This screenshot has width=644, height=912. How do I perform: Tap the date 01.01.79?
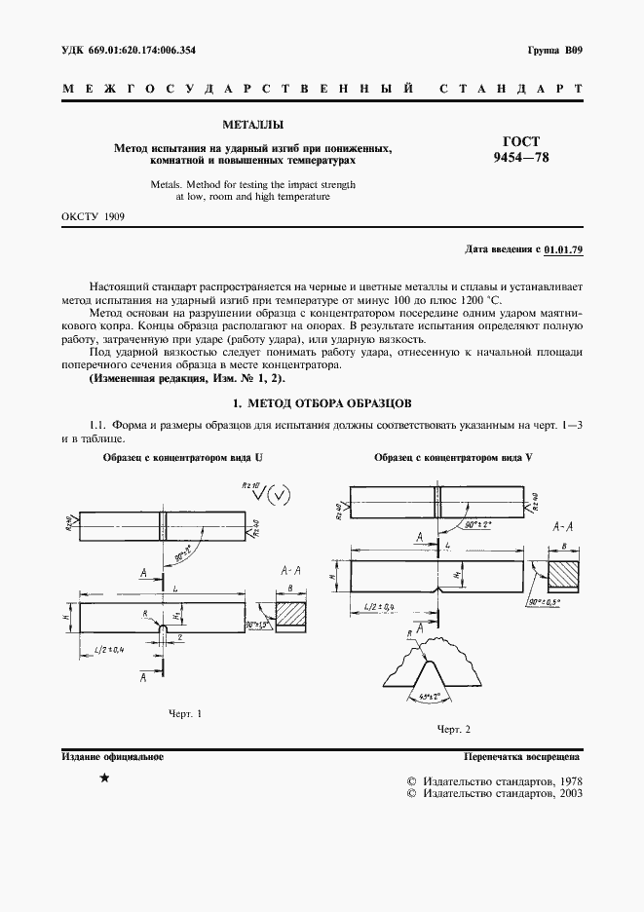point(563,250)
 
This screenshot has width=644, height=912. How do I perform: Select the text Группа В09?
point(553,50)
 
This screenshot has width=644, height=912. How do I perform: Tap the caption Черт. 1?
point(185,714)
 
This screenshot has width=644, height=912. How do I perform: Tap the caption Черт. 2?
point(453,729)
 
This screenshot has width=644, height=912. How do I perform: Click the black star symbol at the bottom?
point(104,780)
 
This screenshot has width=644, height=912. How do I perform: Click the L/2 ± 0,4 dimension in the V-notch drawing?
point(379,608)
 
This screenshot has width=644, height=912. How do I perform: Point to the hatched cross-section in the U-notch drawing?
point(290,615)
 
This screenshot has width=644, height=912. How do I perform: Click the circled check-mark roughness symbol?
point(280,495)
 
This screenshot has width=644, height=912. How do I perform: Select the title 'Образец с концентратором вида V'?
point(453,457)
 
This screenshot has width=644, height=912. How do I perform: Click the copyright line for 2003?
point(493,794)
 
